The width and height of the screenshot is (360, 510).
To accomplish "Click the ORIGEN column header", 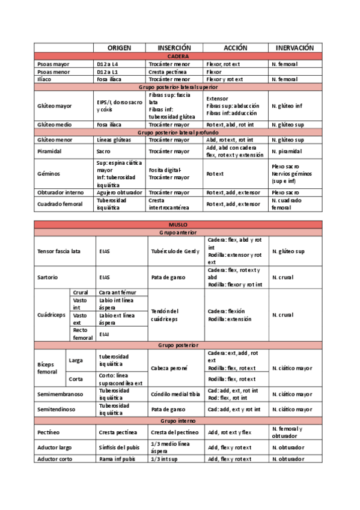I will click(120, 48).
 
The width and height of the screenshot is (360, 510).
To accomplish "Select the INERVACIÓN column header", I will click(295, 48).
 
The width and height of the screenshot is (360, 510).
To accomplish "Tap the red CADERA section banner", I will click(178, 55).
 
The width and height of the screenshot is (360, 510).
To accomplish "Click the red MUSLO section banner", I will click(178, 224).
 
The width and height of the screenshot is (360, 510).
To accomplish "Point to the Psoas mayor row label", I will click(53, 63).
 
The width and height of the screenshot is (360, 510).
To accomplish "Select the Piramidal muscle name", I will click(49, 152).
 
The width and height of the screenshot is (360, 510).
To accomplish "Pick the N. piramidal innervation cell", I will click(287, 152).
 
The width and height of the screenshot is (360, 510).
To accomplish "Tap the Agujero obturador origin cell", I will click(119, 192).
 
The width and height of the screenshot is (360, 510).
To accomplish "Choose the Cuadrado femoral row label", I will click(59, 204).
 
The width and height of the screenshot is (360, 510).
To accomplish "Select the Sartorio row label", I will click(47, 277).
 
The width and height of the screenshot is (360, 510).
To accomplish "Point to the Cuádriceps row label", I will click(50, 315).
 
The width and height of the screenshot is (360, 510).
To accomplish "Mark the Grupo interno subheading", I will click(178, 420).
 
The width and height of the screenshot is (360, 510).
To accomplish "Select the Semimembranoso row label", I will click(61, 394).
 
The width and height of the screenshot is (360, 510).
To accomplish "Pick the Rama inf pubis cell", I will click(117, 459).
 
